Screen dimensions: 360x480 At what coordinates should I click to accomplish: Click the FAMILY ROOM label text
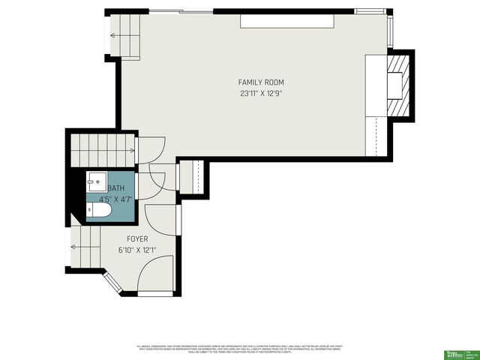[261, 82]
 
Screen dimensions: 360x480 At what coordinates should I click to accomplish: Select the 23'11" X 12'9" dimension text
[261, 94]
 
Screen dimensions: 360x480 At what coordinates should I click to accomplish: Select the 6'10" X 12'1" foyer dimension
[137, 250]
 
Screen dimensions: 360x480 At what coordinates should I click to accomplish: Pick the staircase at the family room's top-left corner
[124, 35]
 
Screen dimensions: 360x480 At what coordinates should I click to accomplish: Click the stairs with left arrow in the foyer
[85, 247]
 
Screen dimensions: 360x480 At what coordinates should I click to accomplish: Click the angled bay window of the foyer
[109, 283]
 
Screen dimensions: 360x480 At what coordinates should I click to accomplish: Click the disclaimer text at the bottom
[240, 349]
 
